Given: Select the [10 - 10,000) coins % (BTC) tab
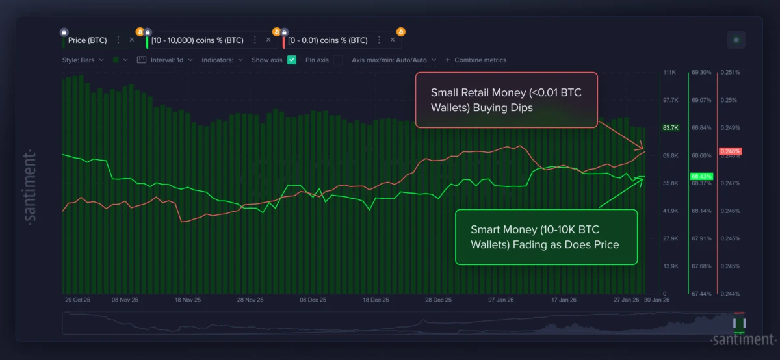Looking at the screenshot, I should click(197, 40).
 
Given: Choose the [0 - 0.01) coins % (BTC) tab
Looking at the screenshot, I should click(328, 40).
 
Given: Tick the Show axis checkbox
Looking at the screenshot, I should click(292, 60).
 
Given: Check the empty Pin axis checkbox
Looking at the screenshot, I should click(338, 60).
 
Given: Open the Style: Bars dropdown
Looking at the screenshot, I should click(83, 60).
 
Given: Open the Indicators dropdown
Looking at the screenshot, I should click(222, 60).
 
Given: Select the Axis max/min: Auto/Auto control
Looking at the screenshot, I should click(393, 60).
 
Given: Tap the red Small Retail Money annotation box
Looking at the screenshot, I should click(506, 100).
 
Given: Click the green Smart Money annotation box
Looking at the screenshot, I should click(546, 237).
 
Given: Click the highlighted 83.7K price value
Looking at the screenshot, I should click(670, 128).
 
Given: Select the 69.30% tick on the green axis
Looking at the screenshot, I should click(701, 73).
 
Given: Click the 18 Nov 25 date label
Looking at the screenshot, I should click(187, 300).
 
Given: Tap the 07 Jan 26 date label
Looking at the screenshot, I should click(501, 300).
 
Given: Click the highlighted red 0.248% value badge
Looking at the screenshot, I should click(730, 151).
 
